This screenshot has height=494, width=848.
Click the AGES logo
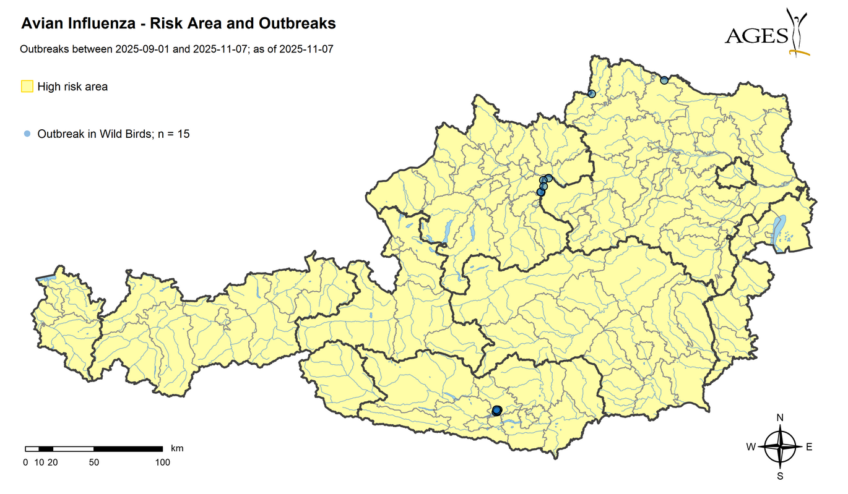(767, 34)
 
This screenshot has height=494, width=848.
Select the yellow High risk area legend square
(27, 87)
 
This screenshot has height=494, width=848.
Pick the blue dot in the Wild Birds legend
(26, 134)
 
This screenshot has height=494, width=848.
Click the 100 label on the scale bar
(162, 462)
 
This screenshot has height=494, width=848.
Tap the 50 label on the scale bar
(94, 462)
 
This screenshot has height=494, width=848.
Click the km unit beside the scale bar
(177, 448)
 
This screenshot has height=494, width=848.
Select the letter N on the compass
(780, 418)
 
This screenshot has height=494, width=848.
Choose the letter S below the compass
(780, 476)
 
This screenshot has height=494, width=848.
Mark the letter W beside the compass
(750, 447)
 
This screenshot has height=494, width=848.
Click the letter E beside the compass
(809, 447)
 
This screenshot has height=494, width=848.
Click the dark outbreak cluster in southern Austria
(496, 410)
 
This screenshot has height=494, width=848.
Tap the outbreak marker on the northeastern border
(664, 80)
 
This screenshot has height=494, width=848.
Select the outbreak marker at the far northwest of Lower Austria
(591, 94)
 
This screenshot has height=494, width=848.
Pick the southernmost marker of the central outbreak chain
(540, 192)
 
